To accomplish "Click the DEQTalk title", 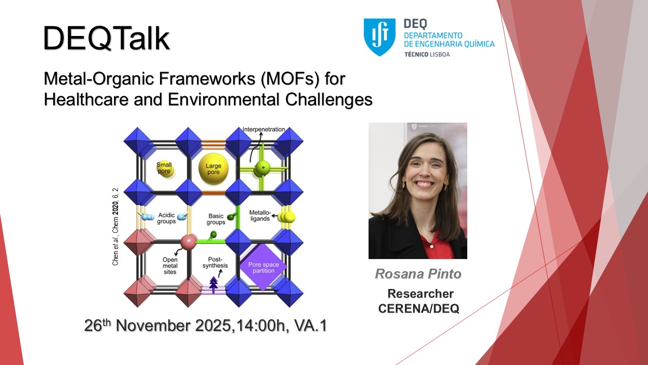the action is [106, 38].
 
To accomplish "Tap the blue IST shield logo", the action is [379, 37].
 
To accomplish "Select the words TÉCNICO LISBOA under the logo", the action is [427, 54].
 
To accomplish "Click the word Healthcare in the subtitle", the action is [86, 99].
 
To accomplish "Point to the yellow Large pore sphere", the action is [214, 169].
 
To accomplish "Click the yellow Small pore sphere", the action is [165, 169].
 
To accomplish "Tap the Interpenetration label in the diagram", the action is [264, 129].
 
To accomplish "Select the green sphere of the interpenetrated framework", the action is [262, 169].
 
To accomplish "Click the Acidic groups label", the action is [167, 218].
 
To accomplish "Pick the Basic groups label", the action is [216, 219].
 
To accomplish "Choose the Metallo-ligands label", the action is [260, 215].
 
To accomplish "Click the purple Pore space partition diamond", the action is [263, 267].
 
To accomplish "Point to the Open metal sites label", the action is [170, 266].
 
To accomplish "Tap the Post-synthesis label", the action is [215, 262].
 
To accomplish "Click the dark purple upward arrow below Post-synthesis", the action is [214, 285].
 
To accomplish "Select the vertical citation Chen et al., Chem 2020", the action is [115, 226].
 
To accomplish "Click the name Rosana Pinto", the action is [418, 274].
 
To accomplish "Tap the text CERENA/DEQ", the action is [419, 309].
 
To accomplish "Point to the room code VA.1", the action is [310, 325].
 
